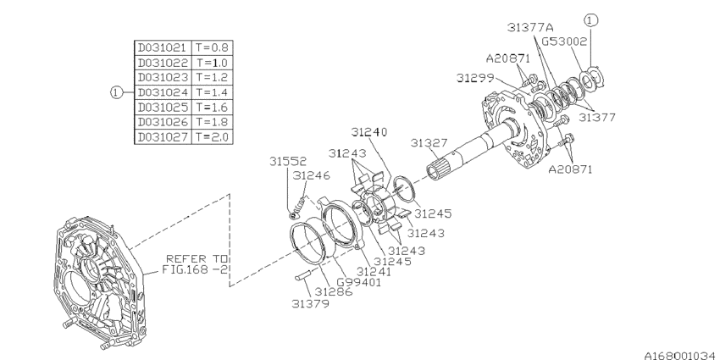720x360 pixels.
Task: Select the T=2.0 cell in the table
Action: (x=213, y=136)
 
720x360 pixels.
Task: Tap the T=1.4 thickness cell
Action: (x=213, y=91)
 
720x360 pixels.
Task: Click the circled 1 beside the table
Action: (x=116, y=92)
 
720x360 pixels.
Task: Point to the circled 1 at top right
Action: (x=590, y=20)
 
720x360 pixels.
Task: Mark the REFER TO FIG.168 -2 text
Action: (x=196, y=264)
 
